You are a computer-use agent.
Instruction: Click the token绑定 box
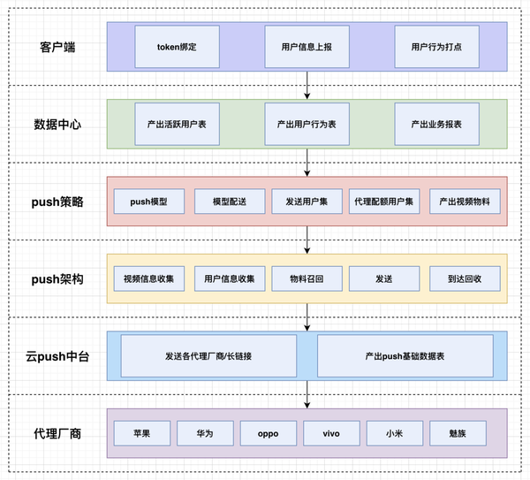[x=177, y=47]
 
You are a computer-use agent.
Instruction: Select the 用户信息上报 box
[x=307, y=47]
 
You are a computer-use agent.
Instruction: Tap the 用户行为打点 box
[x=436, y=47]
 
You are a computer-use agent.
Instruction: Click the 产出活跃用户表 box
[x=177, y=125]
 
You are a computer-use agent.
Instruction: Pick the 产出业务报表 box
[x=436, y=125]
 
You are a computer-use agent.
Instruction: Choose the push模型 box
[x=148, y=202]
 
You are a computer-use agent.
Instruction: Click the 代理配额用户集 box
[x=386, y=202]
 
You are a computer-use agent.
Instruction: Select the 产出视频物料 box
[x=465, y=202]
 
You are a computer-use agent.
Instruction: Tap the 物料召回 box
[x=307, y=279]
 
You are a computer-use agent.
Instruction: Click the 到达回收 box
[x=465, y=279]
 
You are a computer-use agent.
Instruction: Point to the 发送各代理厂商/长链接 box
[x=208, y=356]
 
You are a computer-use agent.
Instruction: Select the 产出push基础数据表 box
[x=404, y=356]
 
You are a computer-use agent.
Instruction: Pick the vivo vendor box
[x=332, y=433]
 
